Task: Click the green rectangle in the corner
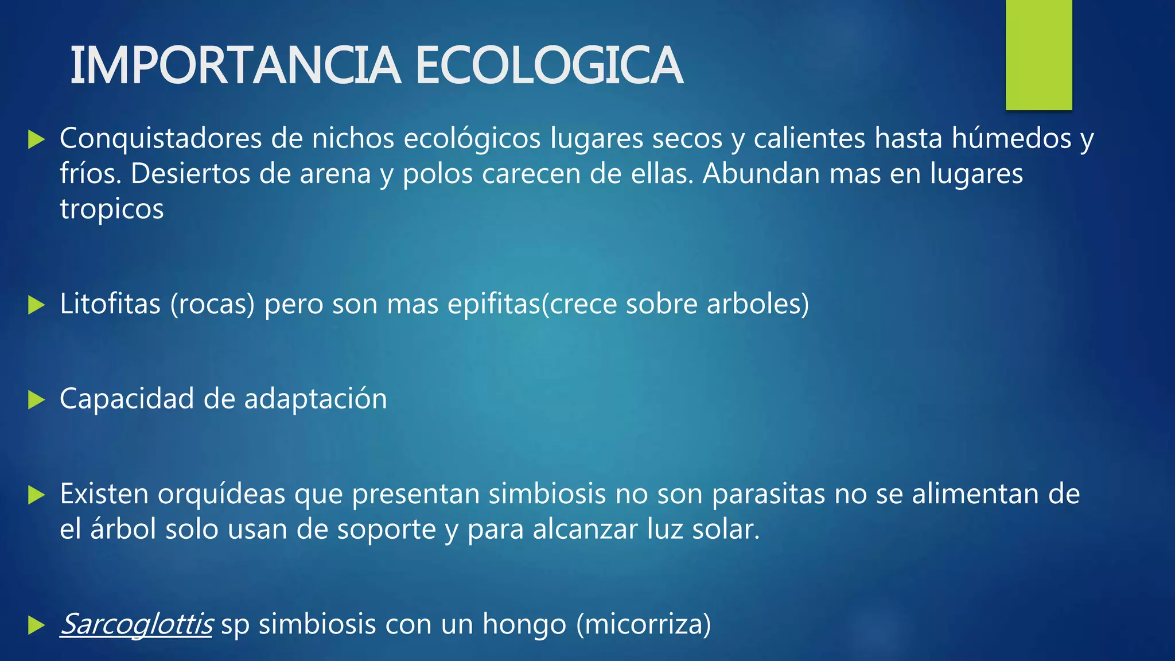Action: coord(1038,55)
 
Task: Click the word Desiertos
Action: coord(190,174)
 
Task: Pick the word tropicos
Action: coord(112,209)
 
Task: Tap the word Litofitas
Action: coord(110,304)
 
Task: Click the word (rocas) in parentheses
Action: coord(212,305)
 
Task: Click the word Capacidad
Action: coord(127,399)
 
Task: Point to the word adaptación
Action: coord(316,399)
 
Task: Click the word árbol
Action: coord(123,529)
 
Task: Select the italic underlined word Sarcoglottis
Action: coord(137,624)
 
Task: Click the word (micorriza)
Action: coord(643,624)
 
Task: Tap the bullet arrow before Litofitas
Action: coord(36,305)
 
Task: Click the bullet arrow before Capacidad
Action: coord(36,400)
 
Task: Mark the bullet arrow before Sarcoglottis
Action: coord(36,625)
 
